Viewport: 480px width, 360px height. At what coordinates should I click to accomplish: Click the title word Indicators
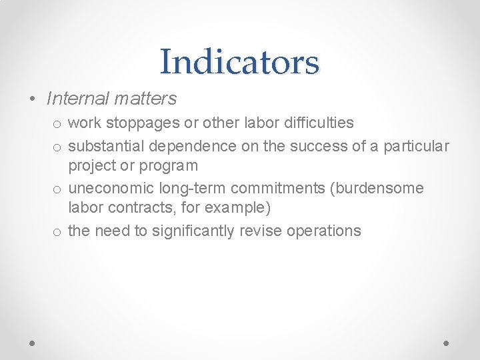click(x=240, y=62)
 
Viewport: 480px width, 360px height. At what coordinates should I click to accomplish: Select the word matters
click(x=145, y=99)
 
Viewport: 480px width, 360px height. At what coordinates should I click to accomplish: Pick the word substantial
click(x=107, y=146)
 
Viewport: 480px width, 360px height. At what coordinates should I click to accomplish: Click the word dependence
click(x=193, y=146)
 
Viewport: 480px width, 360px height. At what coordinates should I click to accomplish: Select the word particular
click(x=416, y=146)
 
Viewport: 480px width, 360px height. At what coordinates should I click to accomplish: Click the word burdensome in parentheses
click(x=380, y=189)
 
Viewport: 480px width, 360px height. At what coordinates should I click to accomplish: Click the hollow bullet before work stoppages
click(x=58, y=124)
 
